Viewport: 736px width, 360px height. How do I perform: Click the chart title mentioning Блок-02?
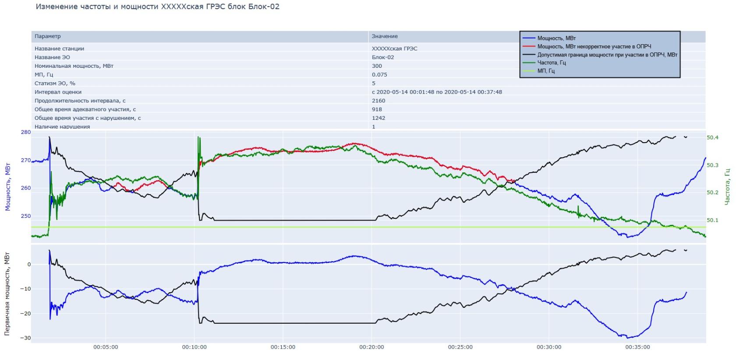157,7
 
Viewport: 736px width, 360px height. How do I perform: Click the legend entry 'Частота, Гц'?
552,63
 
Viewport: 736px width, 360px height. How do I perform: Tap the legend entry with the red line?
594,46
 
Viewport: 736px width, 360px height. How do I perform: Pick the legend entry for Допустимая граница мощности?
607,55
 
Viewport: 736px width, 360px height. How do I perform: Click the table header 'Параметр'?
48,36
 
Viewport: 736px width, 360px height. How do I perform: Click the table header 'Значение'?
385,36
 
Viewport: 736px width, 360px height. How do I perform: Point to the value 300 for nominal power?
377,66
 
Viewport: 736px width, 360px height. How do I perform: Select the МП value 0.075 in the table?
379,75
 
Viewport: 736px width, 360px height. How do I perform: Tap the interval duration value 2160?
379,101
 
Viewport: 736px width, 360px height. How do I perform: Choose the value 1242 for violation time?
379,118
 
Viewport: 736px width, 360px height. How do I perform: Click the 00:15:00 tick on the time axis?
283,347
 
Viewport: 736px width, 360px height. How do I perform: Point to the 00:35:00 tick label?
637,347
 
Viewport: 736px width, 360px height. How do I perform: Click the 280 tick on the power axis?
26,132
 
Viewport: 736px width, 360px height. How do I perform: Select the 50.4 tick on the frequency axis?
713,138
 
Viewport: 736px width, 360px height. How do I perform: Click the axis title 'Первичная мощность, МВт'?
7,294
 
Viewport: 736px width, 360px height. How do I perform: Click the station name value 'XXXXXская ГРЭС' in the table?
394,49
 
